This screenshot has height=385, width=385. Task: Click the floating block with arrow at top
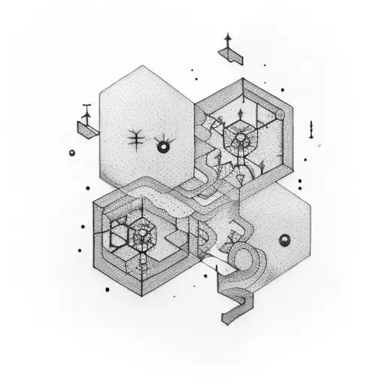(x=230, y=55)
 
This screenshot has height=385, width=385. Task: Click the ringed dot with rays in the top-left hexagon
(x=161, y=147)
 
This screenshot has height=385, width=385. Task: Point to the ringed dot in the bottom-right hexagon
(x=284, y=240)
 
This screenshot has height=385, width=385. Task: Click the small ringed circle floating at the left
(x=72, y=153)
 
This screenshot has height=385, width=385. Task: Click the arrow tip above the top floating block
(x=227, y=35)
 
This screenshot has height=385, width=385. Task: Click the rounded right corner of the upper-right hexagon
(x=281, y=113)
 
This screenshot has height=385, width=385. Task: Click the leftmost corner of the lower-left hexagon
(x=93, y=203)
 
